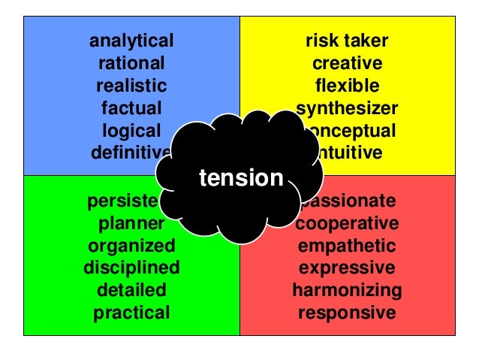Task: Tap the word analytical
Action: [131, 41]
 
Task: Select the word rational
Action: [131, 63]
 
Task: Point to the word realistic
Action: [131, 86]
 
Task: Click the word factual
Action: [131, 108]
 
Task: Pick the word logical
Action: [131, 131]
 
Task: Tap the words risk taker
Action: [347, 41]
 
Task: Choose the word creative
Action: [347, 63]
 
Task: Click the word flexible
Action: [347, 86]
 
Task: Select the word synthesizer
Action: [347, 108]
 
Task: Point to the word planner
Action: [131, 223]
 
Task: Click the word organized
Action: [131, 246]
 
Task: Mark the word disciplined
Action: [131, 268]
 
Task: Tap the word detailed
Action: [131, 290]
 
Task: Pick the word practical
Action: [131, 312]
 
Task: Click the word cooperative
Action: [347, 223]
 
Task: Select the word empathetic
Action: [347, 246]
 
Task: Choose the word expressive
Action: [347, 268]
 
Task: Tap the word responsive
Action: [347, 312]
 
